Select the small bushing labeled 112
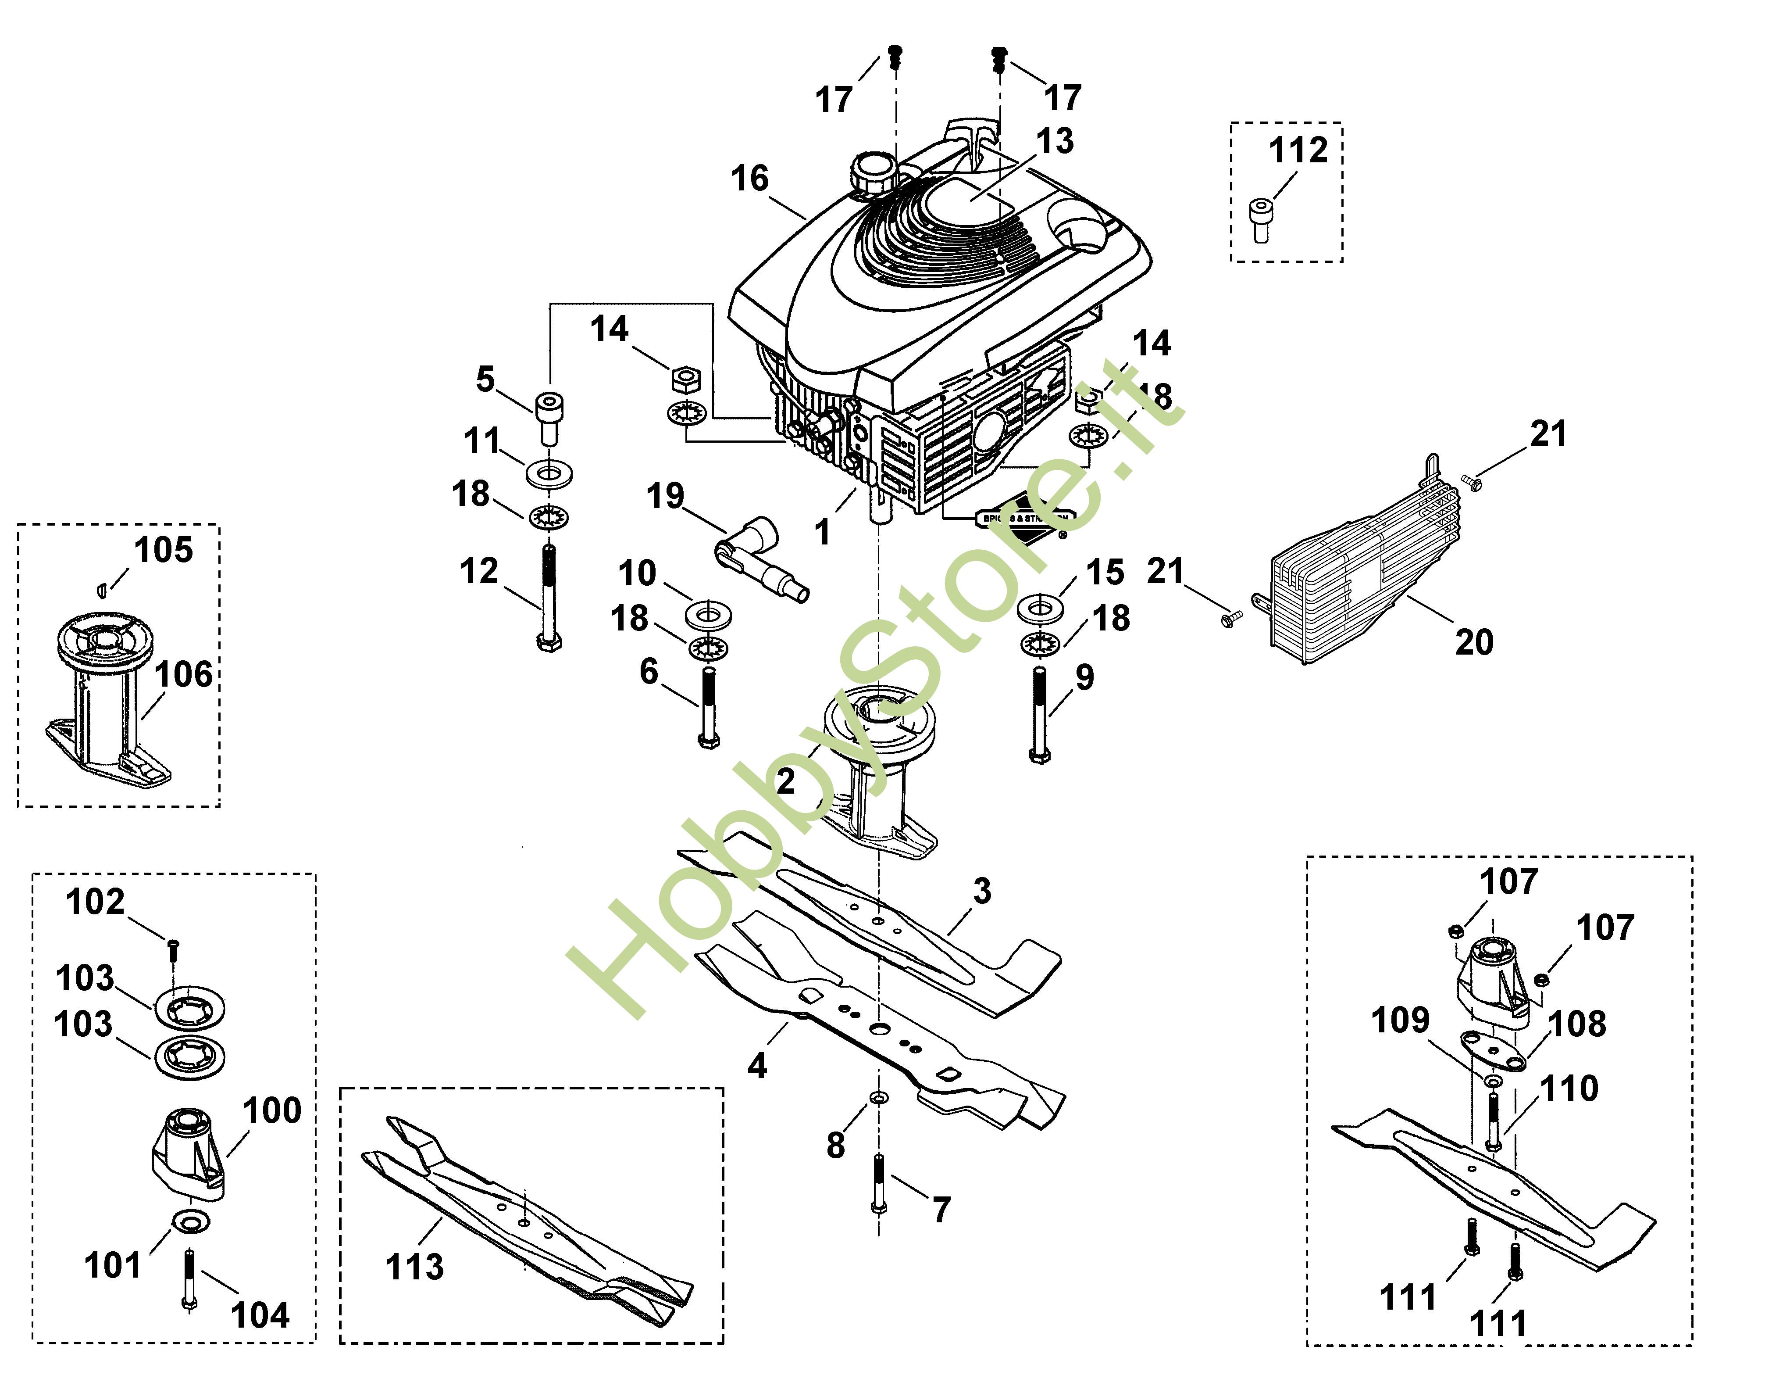click(x=1260, y=220)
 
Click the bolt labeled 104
click(x=188, y=1280)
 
